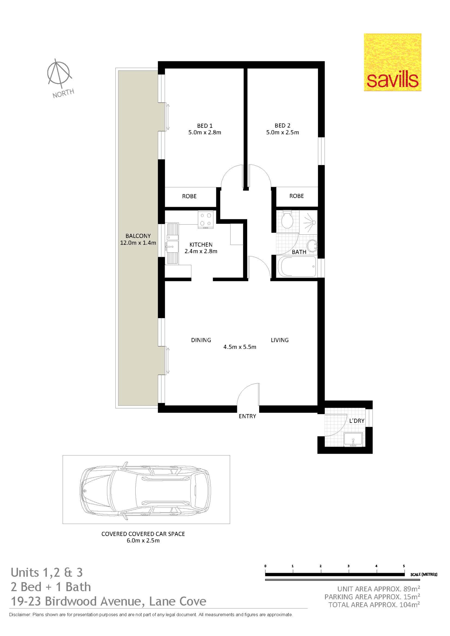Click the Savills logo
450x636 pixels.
392,62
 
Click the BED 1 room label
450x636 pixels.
205,126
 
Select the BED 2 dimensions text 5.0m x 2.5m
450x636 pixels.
283,132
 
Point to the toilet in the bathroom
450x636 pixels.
287,220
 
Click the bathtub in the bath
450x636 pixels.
297,266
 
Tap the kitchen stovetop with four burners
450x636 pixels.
206,220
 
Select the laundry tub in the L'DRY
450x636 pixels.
353,440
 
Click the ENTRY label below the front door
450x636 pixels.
247,416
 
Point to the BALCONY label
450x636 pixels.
138,236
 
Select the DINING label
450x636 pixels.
201,340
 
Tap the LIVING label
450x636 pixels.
280,340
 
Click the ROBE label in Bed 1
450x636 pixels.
189,196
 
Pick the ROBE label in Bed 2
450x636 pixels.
296,196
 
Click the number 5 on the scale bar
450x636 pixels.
404,566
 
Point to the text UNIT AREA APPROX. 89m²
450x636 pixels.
379,589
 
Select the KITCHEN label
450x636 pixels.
201,245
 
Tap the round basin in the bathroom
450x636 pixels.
312,246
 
